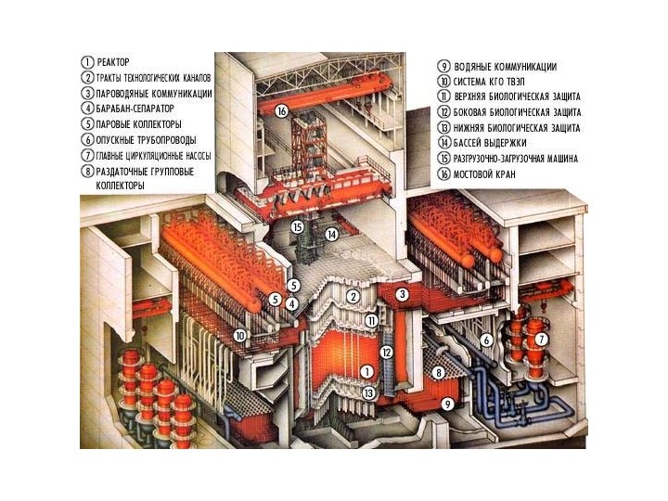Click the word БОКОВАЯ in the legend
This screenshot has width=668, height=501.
[x=475, y=111]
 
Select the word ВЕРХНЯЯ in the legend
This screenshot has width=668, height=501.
[x=474, y=96]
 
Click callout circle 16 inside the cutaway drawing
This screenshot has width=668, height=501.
[x=282, y=111]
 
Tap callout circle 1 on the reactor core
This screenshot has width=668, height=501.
[x=367, y=372]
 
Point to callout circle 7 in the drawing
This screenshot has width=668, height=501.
[x=542, y=340]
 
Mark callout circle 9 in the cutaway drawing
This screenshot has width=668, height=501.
[x=447, y=404]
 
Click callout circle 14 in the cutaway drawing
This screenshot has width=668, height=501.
[x=331, y=235]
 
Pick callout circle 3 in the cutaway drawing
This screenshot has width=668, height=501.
[x=403, y=294]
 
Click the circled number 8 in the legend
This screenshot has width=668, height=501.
[x=87, y=171]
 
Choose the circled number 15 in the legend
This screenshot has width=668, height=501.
[x=444, y=159]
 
